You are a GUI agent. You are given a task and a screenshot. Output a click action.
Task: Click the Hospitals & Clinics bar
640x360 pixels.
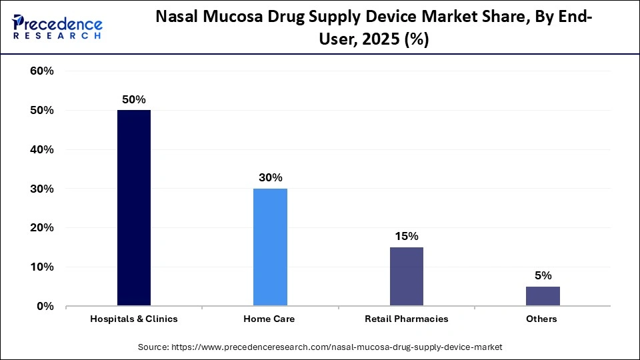(134, 208)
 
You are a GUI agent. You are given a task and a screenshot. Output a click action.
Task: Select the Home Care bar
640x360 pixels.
(270, 247)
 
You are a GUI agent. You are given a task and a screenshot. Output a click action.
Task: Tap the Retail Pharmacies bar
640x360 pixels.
(406, 277)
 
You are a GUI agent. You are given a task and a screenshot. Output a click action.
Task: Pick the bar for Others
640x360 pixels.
(543, 296)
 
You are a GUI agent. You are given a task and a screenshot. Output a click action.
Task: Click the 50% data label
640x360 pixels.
(133, 99)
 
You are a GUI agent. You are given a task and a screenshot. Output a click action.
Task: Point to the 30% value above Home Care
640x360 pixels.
(270, 177)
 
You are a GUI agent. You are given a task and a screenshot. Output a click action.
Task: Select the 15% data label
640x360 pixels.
(406, 236)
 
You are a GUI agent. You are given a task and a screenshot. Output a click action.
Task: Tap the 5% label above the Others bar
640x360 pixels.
(543, 275)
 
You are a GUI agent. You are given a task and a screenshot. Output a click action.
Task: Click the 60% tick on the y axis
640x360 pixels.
(41, 71)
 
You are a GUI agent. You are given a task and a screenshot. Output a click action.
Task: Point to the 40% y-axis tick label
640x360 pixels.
(41, 149)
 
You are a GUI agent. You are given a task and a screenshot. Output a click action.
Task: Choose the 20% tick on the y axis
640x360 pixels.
(41, 228)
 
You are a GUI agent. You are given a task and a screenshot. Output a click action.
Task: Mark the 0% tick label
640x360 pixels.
(45, 307)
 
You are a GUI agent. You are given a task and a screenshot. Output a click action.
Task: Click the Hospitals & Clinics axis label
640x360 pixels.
(134, 319)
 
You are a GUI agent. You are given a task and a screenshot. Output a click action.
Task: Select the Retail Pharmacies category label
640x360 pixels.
(406, 319)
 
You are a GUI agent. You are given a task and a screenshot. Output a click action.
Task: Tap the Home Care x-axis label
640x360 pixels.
(270, 319)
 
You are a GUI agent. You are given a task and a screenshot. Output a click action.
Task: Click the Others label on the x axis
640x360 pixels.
(541, 319)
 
